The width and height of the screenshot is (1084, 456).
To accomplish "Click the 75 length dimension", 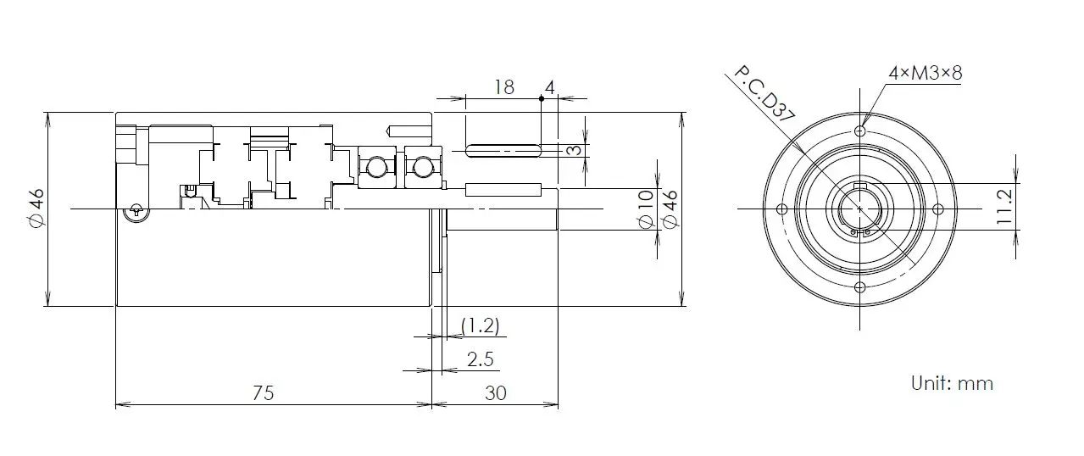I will pos(264,392).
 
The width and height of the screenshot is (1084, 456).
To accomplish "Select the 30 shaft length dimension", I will pos(495,392).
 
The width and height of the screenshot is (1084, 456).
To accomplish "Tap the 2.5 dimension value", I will pos(480,359).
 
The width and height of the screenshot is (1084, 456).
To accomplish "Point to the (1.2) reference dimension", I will pos(480,325).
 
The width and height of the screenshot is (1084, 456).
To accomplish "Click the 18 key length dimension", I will pos(503,86).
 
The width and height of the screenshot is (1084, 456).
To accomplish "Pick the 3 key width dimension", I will pos(574,150).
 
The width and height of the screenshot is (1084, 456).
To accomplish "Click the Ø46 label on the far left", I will pos(36,208).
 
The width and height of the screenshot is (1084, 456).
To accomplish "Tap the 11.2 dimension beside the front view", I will pos(1005,206).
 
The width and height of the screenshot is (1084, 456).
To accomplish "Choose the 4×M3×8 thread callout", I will pos(925,73).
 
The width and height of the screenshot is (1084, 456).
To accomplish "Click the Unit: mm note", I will pos(951,383).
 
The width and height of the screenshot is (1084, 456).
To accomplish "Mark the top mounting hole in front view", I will pos(859,131).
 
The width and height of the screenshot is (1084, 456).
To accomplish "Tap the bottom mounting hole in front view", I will pos(859,287).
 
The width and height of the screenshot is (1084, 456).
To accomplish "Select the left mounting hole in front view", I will pos(781,209).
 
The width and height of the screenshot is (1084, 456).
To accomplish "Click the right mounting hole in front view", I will pos(937,209).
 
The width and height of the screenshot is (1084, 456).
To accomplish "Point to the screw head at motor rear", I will pos(132,213).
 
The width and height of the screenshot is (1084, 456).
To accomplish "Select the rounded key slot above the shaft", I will pos(503,151).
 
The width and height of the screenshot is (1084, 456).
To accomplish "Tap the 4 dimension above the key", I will pos(550,86).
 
